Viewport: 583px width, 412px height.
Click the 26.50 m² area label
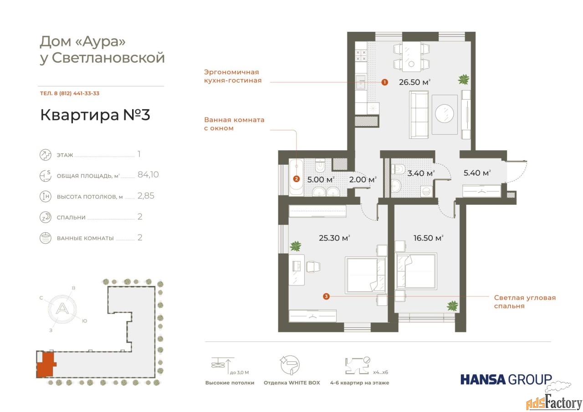414,82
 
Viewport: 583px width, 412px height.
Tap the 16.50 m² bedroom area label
429,238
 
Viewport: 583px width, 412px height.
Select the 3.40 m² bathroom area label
421,173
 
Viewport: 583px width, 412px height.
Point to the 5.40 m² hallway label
477,173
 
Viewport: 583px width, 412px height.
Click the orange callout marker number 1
385,82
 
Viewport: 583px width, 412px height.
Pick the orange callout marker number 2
296,179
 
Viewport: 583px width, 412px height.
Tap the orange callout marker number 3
326,296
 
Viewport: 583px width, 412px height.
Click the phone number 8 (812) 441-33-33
77,93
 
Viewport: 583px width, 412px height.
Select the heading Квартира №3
95,115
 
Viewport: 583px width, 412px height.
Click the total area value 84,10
148,174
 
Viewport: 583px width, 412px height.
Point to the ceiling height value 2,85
146,196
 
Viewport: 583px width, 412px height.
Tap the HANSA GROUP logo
506,380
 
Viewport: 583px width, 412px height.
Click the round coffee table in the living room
445,113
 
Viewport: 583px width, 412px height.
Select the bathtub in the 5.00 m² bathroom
296,177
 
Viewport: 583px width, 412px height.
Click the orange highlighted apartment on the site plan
46,364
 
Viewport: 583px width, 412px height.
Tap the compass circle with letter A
62,309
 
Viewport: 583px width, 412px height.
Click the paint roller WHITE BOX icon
290,365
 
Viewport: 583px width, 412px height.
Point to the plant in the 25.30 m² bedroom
296,245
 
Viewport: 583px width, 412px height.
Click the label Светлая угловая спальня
525,302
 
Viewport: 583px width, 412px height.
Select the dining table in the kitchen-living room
411,56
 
